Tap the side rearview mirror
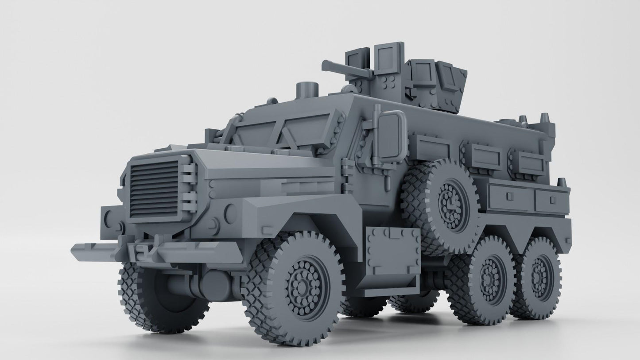[x=392, y=137]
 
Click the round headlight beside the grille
[x=230, y=213]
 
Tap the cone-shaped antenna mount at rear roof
[x=543, y=119]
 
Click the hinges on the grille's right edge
[x=189, y=186]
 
